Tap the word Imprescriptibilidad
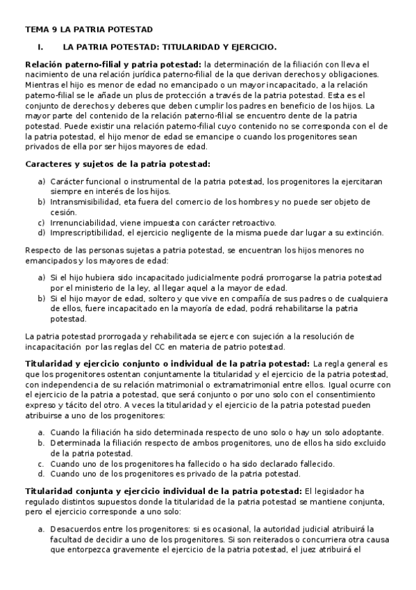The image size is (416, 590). coord(86,232)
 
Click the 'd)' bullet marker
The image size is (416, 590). coord(42,232)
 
